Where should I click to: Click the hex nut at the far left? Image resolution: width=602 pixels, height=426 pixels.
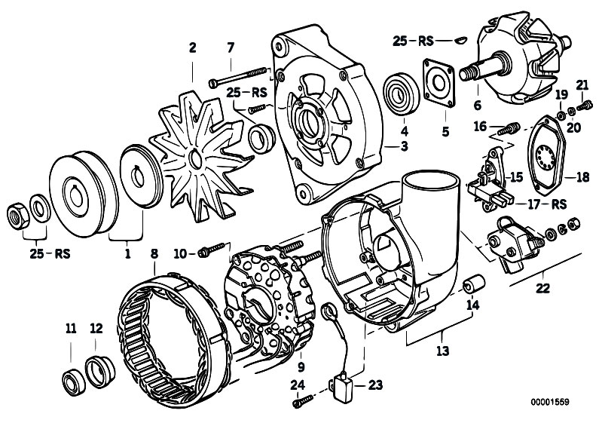[18, 216]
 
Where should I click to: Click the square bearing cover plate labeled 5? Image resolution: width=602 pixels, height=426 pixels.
[439, 82]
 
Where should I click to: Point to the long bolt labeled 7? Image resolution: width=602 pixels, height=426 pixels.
[238, 76]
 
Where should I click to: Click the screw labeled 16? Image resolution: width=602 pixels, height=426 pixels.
[509, 129]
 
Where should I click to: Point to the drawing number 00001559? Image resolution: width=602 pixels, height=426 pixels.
[550, 402]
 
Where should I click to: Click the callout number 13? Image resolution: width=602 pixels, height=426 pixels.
[442, 351]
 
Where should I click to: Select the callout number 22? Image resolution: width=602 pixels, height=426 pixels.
[543, 288]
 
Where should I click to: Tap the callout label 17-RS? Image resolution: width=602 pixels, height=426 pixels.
[547, 204]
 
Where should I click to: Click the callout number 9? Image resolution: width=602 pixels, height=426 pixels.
[301, 367]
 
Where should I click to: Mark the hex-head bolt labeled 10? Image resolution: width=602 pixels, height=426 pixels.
[211, 250]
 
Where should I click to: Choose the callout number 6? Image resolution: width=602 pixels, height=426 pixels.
[477, 105]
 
